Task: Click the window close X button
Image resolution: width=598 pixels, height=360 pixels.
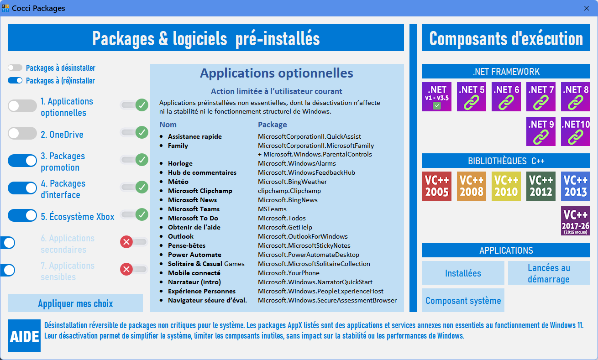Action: click(x=587, y=8)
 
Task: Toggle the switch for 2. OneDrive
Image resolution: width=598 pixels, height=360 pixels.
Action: click(x=22, y=133)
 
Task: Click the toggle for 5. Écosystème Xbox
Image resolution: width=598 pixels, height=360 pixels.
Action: click(x=22, y=215)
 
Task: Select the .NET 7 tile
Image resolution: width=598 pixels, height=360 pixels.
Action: click(x=541, y=97)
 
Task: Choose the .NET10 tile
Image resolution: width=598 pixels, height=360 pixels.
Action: click(x=576, y=131)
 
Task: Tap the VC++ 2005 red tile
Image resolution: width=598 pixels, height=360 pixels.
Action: click(x=437, y=186)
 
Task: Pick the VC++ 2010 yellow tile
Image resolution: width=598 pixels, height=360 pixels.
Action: click(x=506, y=186)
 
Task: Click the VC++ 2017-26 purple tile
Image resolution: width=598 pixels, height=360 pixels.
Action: click(x=576, y=221)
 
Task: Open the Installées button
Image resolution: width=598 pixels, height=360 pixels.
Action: click(x=463, y=273)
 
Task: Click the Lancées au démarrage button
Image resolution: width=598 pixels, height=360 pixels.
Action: click(x=549, y=273)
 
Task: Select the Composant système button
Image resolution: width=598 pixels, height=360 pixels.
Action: click(x=463, y=300)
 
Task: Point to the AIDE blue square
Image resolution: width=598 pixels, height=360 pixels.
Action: click(x=24, y=336)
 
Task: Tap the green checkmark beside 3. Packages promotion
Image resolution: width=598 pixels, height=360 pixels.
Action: click(x=142, y=160)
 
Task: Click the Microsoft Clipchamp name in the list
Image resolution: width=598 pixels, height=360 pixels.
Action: click(x=200, y=191)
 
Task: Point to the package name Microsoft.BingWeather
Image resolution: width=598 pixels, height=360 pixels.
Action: click(x=292, y=182)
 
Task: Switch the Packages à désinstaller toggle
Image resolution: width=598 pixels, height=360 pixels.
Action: click(x=15, y=68)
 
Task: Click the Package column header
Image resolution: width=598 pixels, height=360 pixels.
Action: click(x=272, y=125)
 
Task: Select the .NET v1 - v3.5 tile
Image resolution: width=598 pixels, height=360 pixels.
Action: click(x=437, y=97)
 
